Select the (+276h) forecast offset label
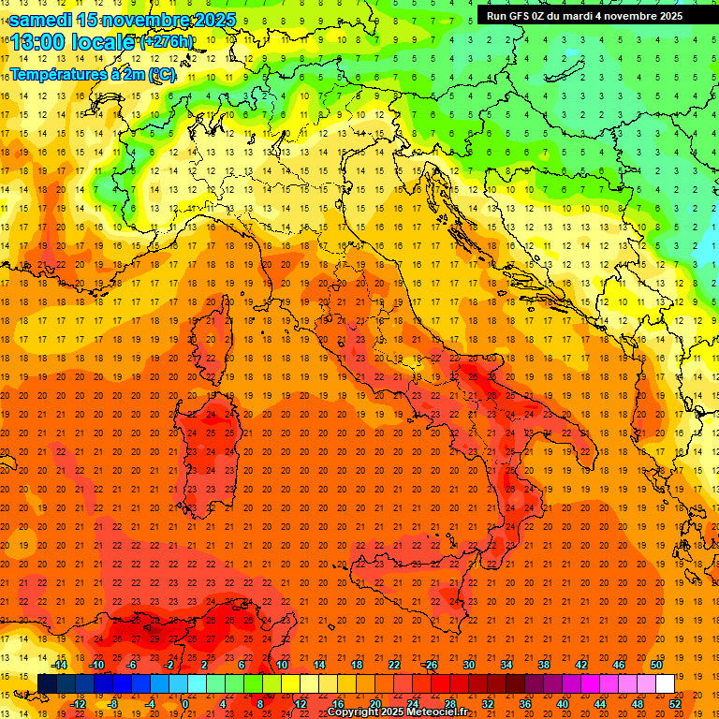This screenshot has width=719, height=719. tap(166, 42)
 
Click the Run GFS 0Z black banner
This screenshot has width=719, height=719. tap(584, 15)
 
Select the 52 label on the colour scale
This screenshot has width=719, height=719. tap(675, 703)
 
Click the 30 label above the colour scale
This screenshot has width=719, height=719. tap(468, 665)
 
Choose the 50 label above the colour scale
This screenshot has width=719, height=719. tap(655, 665)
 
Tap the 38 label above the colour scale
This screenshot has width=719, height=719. tap(543, 665)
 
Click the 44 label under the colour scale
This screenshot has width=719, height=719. tap(600, 703)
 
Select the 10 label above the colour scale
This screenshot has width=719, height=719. tap(282, 665)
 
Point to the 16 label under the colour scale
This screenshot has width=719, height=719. tap(338, 703)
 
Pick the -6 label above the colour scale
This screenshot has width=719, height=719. tap(132, 665)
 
